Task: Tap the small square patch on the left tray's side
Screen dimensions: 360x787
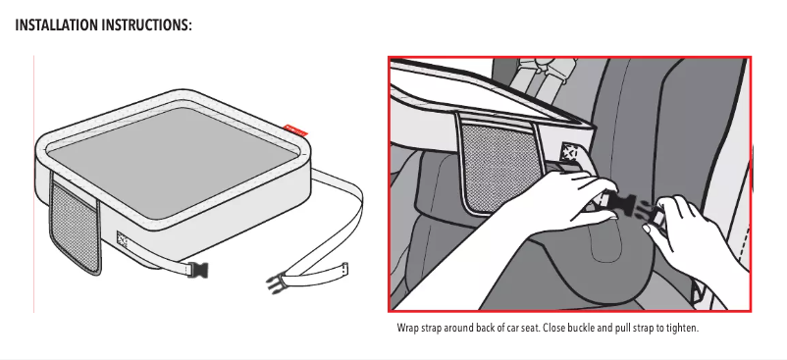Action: tap(123, 237)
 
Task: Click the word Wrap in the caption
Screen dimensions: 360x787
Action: tap(408, 329)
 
